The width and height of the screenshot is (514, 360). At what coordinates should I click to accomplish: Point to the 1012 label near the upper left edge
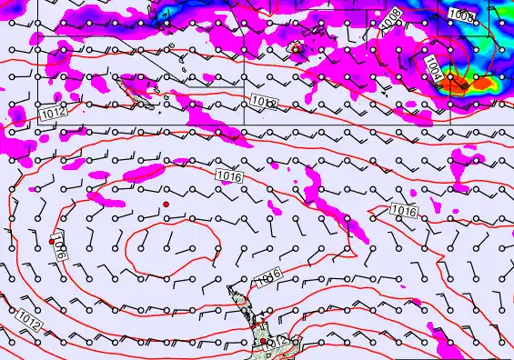tap(52, 112)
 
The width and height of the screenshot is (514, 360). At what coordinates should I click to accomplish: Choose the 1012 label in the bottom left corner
tap(28, 318)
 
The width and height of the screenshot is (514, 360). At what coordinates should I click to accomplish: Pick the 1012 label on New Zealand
tap(276, 342)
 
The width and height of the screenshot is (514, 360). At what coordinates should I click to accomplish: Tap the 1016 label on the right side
tap(404, 211)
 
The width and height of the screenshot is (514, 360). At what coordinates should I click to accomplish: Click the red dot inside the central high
tap(166, 205)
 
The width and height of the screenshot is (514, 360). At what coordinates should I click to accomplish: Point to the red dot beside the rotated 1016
tap(52, 242)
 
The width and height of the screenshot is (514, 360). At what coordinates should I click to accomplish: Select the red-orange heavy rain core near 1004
tap(477, 85)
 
